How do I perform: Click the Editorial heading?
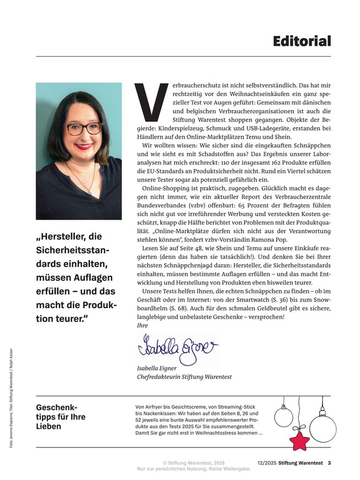[x=302, y=41]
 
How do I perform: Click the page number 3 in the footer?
[x=329, y=462]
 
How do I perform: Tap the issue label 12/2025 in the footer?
[x=266, y=462]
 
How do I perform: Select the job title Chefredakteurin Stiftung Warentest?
[x=184, y=377]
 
